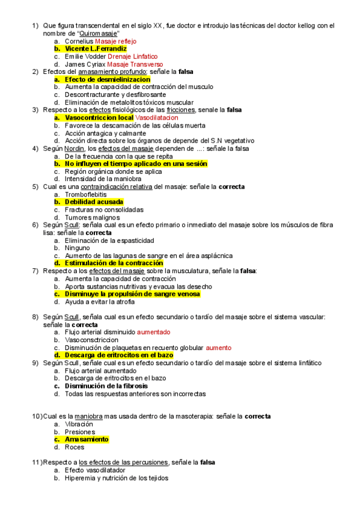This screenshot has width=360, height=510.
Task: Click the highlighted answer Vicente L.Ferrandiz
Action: point(96,49)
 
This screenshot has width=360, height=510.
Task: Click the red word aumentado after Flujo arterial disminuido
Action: point(153,332)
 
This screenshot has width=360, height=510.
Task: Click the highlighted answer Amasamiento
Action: point(87,440)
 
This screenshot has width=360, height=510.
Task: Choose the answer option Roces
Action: point(75,447)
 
